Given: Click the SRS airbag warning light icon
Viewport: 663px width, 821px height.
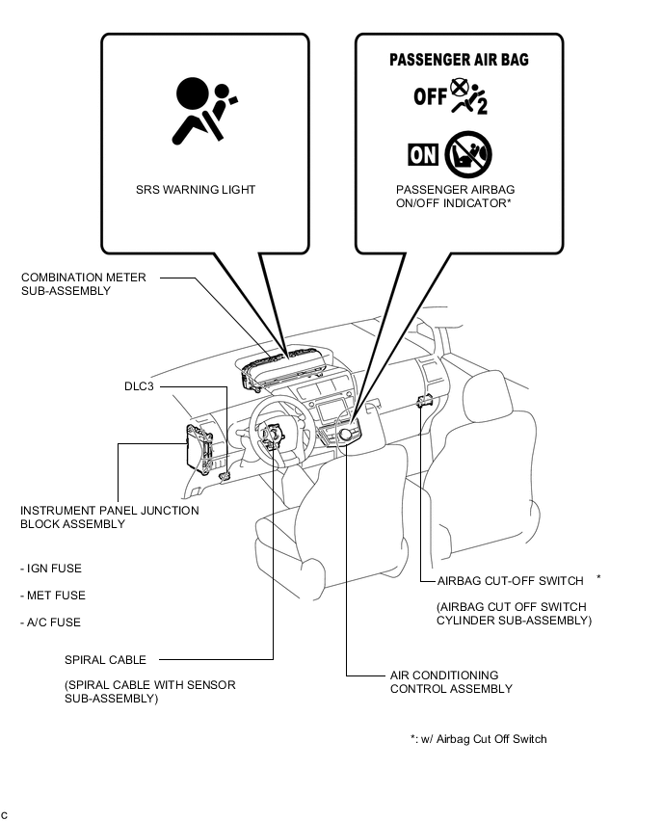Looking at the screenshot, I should [199, 110].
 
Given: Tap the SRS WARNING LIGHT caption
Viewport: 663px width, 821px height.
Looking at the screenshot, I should [196, 190].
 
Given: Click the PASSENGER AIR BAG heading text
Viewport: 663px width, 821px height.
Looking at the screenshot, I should [459, 60].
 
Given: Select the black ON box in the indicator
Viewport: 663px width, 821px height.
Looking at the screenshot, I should [423, 154].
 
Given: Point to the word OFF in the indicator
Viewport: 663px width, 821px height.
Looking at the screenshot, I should [430, 96].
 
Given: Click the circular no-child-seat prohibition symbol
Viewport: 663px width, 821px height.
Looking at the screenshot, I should [468, 154].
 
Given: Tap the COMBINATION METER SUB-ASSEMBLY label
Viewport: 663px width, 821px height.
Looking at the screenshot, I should [84, 284].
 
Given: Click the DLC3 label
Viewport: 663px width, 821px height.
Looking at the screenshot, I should [139, 386].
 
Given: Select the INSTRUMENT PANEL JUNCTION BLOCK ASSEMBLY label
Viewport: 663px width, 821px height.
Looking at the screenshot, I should [110, 517].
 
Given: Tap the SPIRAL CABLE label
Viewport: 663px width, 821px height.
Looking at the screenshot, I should [106, 660].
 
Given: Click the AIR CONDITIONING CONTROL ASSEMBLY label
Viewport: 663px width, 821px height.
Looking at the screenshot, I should [451, 682].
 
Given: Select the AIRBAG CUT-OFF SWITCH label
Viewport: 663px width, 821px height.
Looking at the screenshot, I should [510, 581].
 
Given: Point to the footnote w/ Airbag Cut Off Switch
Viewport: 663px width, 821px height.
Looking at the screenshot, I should [478, 739].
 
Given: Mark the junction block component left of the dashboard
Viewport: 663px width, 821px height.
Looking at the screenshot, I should [201, 449].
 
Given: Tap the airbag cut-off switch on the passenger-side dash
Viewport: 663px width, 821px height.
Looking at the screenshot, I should [422, 401].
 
